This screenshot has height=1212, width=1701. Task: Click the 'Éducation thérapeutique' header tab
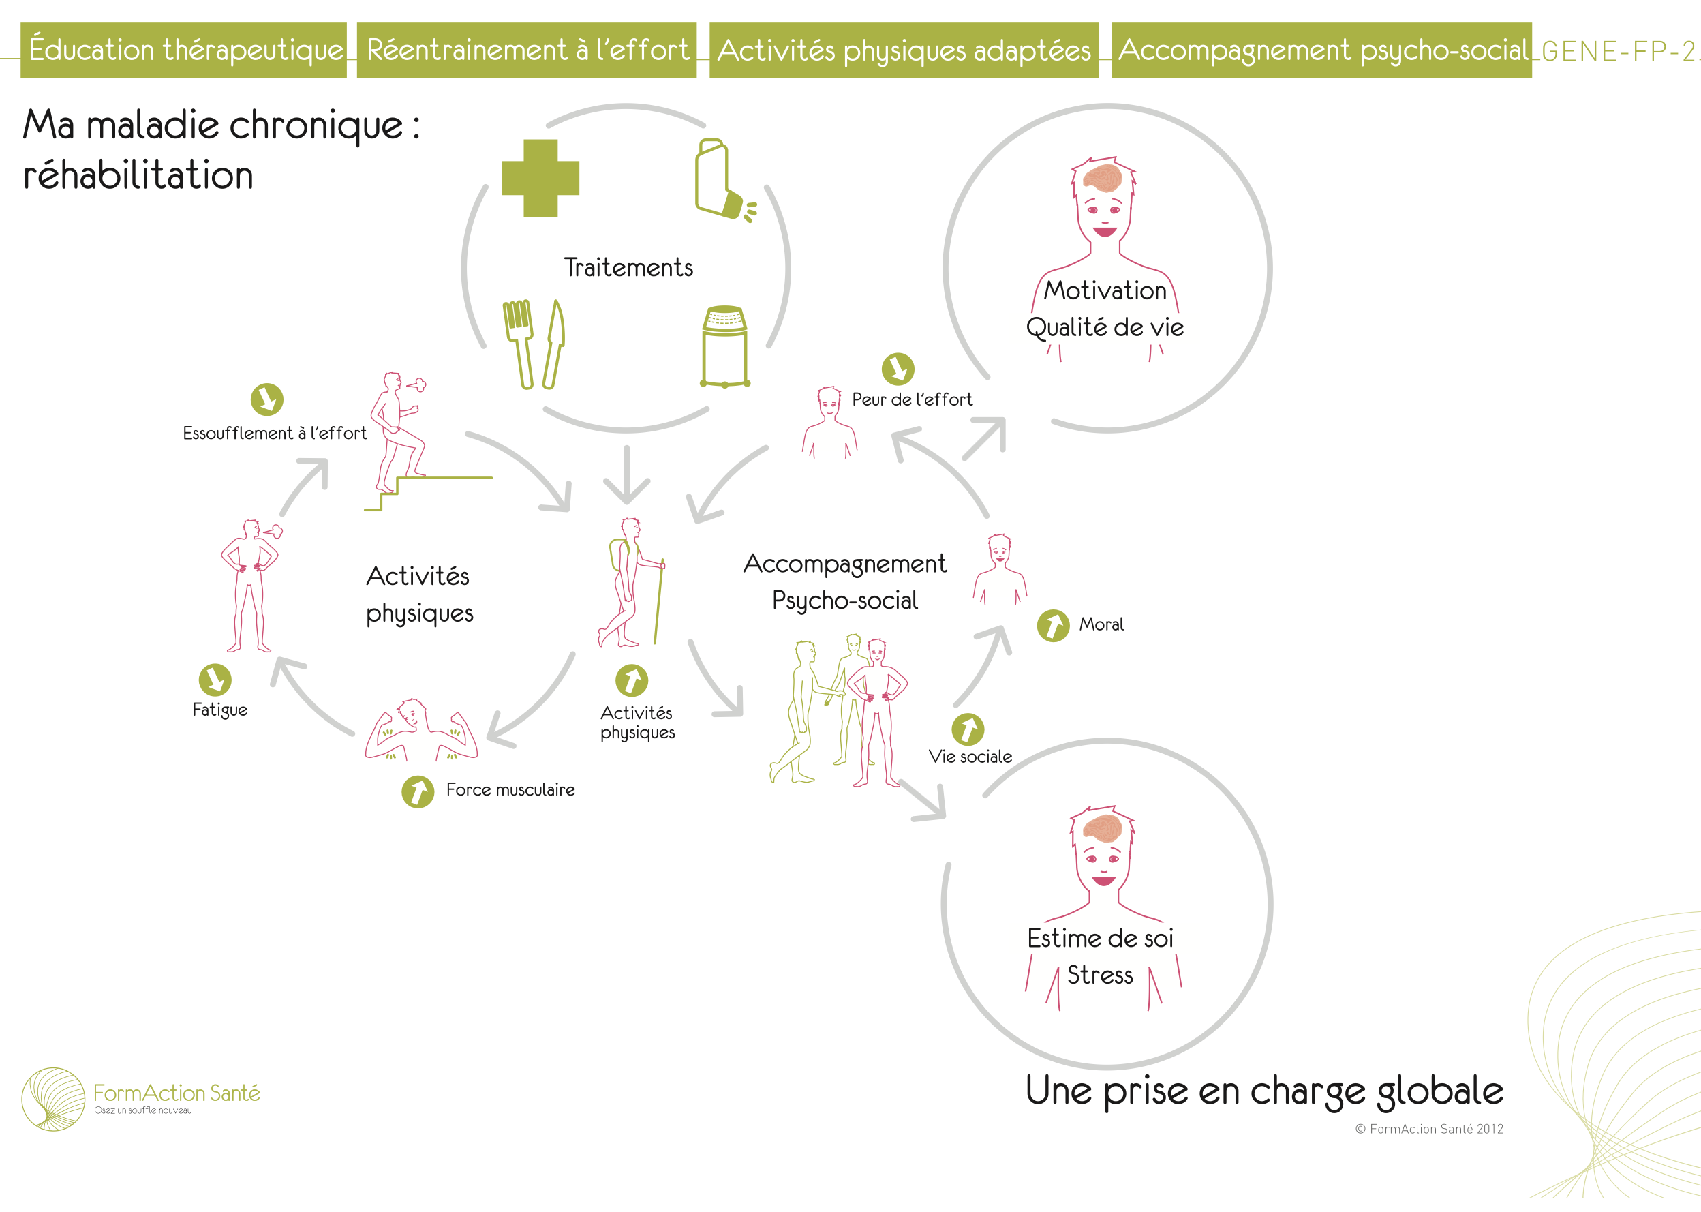coord(183,50)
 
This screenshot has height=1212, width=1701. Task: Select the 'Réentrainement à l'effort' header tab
coord(527,50)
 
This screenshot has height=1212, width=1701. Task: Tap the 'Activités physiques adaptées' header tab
coord(904,50)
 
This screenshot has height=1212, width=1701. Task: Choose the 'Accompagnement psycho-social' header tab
coord(1321,50)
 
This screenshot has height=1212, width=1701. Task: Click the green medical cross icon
coord(540,178)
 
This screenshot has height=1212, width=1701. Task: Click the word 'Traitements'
coord(628,267)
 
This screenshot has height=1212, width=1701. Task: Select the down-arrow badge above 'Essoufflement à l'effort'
coord(267,399)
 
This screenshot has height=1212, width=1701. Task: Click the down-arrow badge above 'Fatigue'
coord(215,680)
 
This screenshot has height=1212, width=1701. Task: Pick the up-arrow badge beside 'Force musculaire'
coord(418,792)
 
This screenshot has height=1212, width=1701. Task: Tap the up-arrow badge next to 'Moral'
coord(1054,625)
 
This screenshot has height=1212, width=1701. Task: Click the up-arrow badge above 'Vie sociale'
coord(968,729)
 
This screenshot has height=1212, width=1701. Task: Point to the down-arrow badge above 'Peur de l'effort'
coord(898,369)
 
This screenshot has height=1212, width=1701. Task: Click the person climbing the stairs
coord(396,433)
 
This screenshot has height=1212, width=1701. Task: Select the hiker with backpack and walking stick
coord(631,582)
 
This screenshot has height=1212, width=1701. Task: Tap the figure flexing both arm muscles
coord(420,731)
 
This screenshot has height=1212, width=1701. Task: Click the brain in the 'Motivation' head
coord(1103,178)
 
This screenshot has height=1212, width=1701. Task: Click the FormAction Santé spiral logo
coord(53,1099)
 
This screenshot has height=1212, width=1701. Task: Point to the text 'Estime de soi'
coord(1100,938)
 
